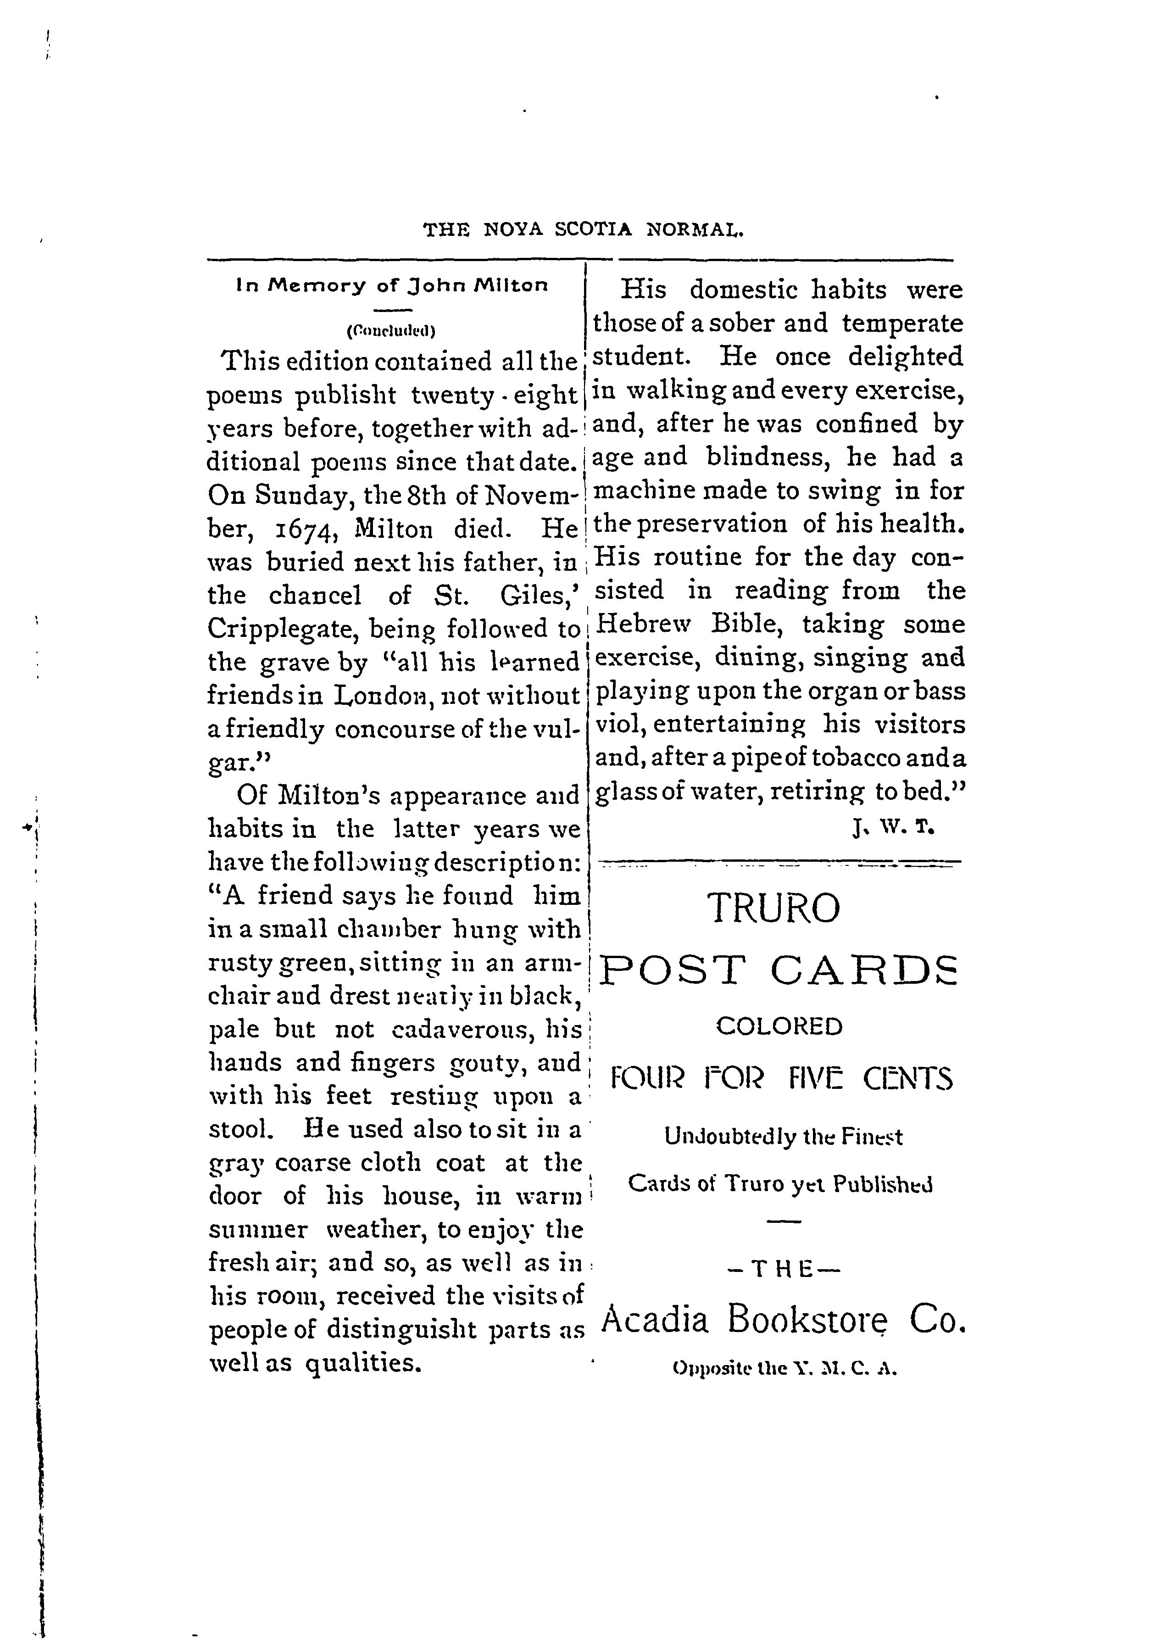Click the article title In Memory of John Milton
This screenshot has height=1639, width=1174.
(x=392, y=285)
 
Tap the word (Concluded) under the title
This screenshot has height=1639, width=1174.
(x=391, y=331)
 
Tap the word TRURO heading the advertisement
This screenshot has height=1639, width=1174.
(x=774, y=909)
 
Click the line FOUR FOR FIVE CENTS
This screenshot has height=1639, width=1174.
(x=781, y=1080)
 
